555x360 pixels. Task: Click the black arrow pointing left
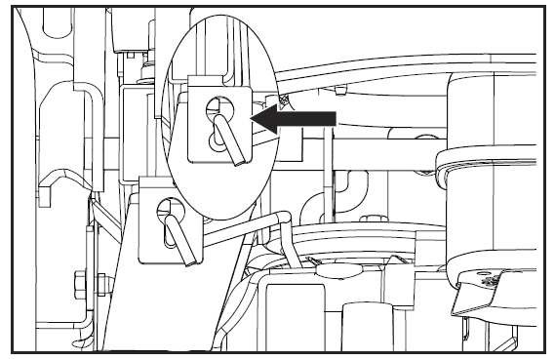coord(293,118)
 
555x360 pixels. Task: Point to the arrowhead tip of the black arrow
coord(253,118)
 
